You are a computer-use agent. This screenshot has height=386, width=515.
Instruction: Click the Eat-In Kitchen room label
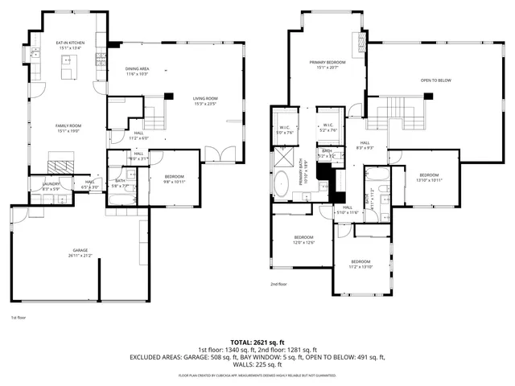click(x=71, y=44)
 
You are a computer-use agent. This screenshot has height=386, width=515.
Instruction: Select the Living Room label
click(x=206, y=101)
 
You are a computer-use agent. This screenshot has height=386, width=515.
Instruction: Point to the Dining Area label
click(x=137, y=72)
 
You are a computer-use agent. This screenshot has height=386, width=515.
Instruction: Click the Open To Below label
click(x=435, y=81)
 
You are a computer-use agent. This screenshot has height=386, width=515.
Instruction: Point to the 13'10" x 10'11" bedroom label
click(x=428, y=177)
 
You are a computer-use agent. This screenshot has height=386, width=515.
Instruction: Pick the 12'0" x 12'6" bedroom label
click(x=303, y=239)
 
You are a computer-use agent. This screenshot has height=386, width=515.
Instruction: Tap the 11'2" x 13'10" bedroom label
click(x=360, y=264)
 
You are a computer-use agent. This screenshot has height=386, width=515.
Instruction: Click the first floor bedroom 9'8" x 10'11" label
click(x=175, y=179)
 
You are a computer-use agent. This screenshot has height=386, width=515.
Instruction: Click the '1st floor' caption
click(x=19, y=318)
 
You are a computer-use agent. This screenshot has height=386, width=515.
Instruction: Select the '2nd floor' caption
click(x=278, y=284)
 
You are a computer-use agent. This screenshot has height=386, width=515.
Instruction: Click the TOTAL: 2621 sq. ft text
click(x=257, y=342)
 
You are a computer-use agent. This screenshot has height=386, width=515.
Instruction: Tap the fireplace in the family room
click(x=59, y=166)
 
